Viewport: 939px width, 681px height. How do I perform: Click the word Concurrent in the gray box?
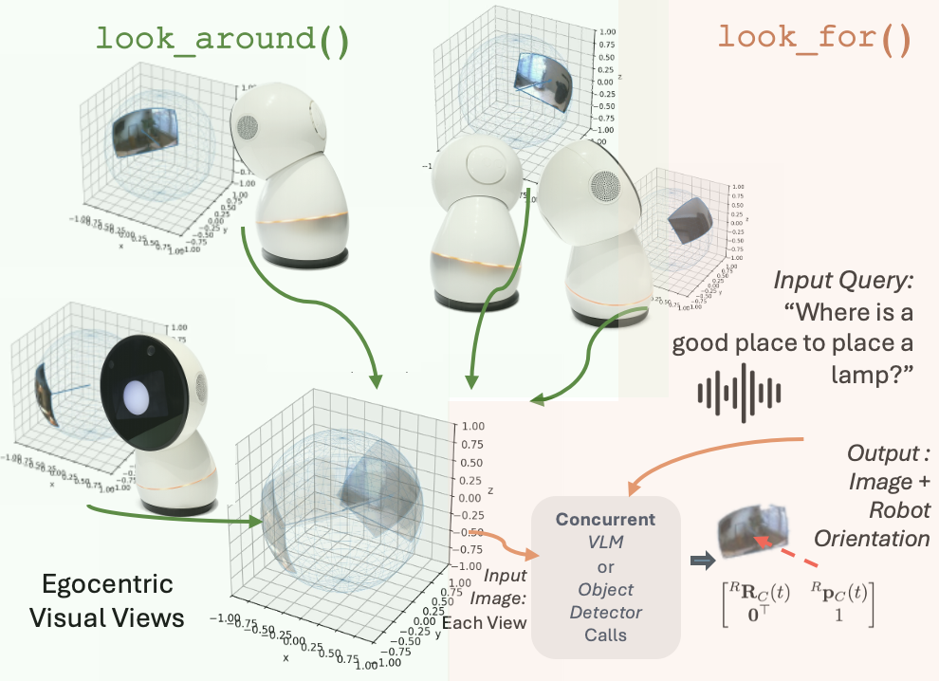pyautogui.click(x=605, y=520)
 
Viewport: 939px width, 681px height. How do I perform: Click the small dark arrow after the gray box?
pyautogui.click(x=702, y=561)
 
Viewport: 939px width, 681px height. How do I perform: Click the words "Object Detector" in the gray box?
pyautogui.click(x=605, y=600)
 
